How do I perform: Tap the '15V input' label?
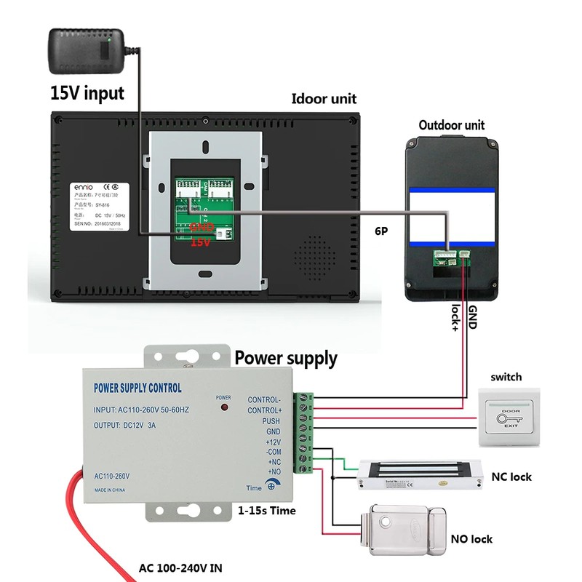click(x=87, y=93)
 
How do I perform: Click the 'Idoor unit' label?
click(x=324, y=99)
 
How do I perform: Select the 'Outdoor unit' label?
click(x=451, y=125)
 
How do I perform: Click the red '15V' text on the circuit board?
click(x=200, y=243)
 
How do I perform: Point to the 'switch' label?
click(x=506, y=377)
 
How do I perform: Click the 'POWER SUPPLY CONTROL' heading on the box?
click(x=138, y=388)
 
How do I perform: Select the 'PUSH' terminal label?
click(x=271, y=421)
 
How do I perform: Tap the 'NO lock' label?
click(x=471, y=539)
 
